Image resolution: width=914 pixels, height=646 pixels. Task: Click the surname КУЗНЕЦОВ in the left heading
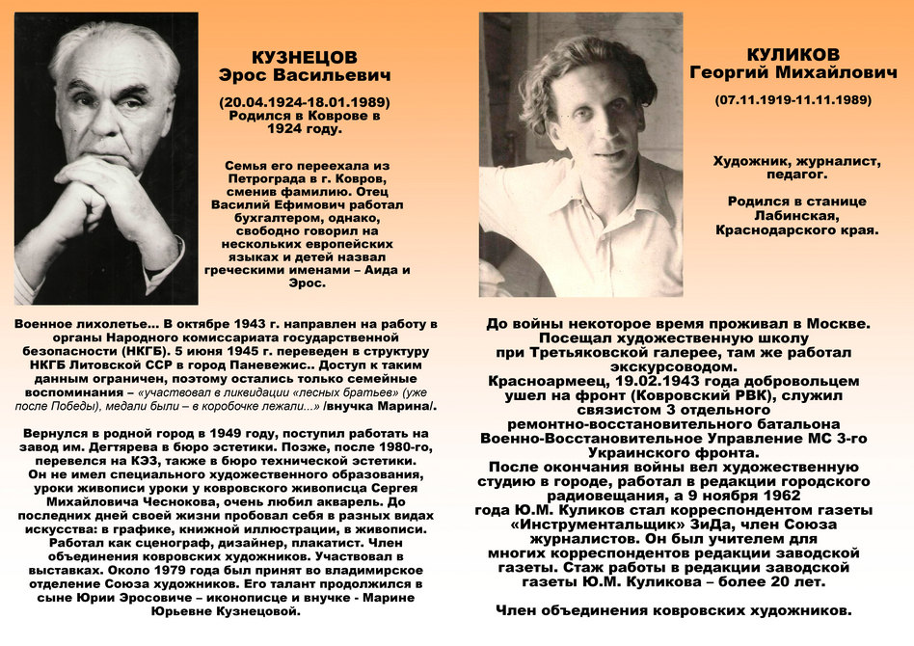pos(304,58)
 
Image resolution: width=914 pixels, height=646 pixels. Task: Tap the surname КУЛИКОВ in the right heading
pos(793,54)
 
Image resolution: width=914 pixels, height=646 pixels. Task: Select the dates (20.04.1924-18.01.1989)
pos(304,101)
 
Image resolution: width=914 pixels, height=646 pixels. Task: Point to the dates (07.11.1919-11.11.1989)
pos(793,99)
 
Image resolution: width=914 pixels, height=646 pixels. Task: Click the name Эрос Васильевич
pos(304,75)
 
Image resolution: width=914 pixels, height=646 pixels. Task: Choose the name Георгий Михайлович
pos(793,72)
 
